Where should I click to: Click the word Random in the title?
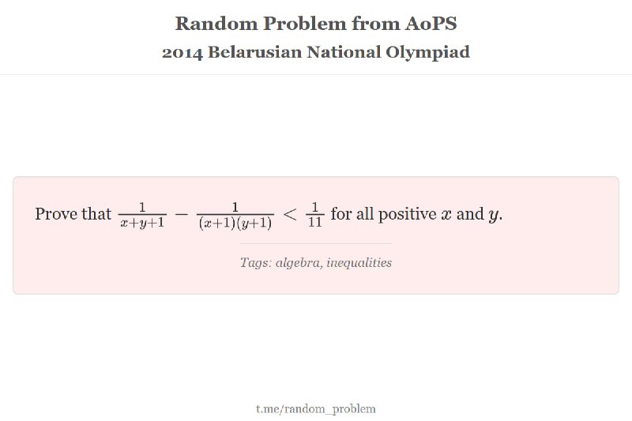tap(216, 24)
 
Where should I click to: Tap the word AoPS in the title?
tap(431, 24)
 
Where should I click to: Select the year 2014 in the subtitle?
tap(182, 52)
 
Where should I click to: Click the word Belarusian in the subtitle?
tap(254, 52)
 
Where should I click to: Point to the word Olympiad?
tap(427, 52)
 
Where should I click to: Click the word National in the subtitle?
tap(344, 52)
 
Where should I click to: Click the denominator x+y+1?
tap(142, 223)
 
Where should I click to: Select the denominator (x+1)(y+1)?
tap(235, 223)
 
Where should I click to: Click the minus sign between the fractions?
tap(182, 214)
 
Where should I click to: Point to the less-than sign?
tap(290, 214)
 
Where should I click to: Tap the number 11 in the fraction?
tap(314, 223)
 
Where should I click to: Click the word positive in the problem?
tap(407, 214)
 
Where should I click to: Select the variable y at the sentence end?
tap(493, 216)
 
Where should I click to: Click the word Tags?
tap(255, 263)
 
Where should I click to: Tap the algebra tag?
tap(299, 263)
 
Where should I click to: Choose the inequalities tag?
tap(359, 263)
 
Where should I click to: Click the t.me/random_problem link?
tap(315, 409)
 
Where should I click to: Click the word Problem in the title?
tap(305, 24)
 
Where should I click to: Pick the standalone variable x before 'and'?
tap(446, 215)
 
